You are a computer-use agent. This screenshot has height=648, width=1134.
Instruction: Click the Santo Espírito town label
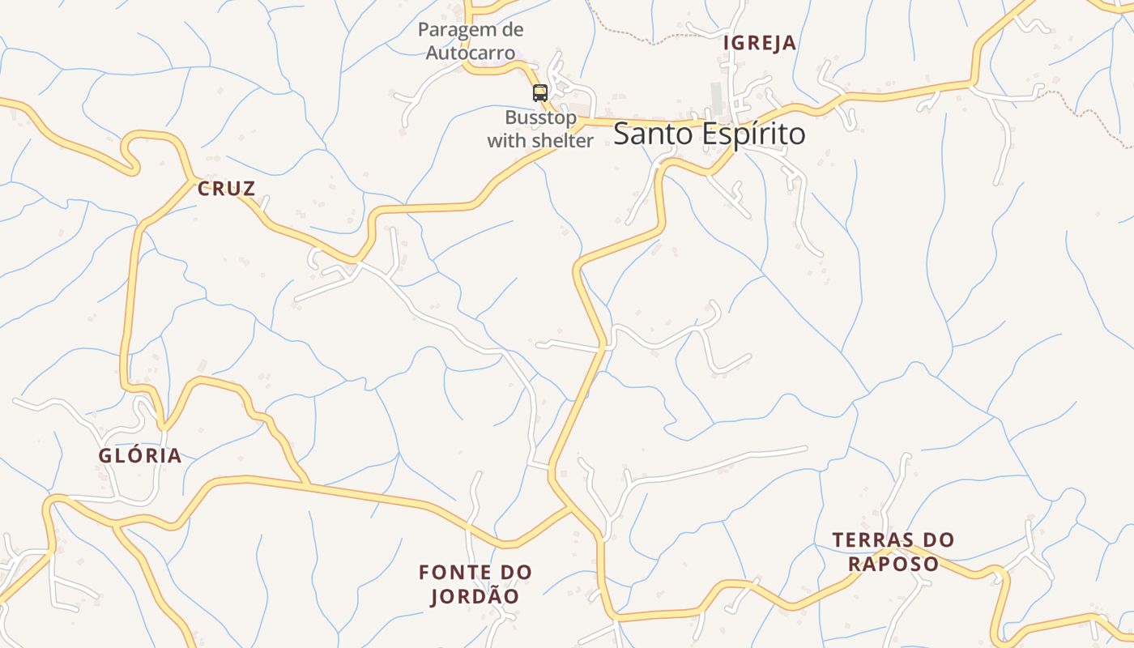click(x=709, y=134)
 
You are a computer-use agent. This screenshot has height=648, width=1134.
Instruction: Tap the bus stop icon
click(x=540, y=92)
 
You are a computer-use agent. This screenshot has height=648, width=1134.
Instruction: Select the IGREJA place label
click(x=759, y=44)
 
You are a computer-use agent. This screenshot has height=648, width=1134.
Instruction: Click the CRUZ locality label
click(x=227, y=190)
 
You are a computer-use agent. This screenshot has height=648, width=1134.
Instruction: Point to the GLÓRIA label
click(x=140, y=456)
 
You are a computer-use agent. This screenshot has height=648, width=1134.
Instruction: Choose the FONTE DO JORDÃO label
click(x=475, y=584)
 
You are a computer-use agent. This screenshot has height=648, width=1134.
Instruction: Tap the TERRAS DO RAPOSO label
click(x=893, y=552)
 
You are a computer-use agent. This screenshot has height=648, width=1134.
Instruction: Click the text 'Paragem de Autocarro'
click(x=471, y=41)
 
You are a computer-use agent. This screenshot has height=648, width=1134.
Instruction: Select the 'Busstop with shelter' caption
click(x=540, y=129)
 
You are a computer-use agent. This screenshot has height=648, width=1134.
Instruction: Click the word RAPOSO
click(x=893, y=564)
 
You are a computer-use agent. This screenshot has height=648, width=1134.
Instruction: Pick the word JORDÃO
click(x=475, y=597)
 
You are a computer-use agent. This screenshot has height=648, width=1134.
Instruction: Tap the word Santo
click(x=645, y=134)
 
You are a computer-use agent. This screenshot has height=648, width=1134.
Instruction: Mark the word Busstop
click(x=540, y=117)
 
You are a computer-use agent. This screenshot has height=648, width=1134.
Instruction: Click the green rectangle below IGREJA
click(x=716, y=97)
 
